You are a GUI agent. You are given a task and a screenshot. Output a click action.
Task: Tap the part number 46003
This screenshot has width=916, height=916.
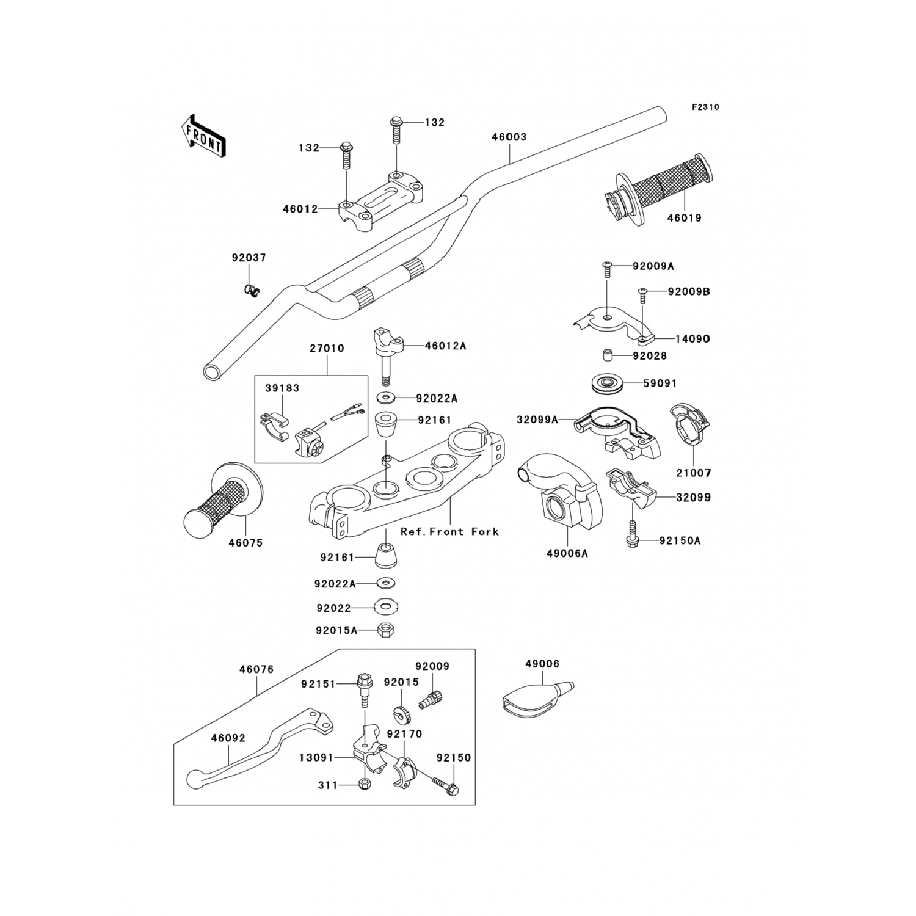[509, 137]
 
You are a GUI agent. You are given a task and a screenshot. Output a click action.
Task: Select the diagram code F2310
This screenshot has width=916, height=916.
[705, 107]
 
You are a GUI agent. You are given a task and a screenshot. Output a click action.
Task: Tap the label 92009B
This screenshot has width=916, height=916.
[689, 292]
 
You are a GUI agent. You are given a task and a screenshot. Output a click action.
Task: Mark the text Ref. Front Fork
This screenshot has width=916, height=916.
[449, 532]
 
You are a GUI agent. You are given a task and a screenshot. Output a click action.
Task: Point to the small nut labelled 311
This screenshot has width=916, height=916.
[365, 784]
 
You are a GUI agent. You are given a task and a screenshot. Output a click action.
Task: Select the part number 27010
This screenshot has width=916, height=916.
[327, 349]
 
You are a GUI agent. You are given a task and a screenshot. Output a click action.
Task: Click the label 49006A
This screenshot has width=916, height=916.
[567, 554]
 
